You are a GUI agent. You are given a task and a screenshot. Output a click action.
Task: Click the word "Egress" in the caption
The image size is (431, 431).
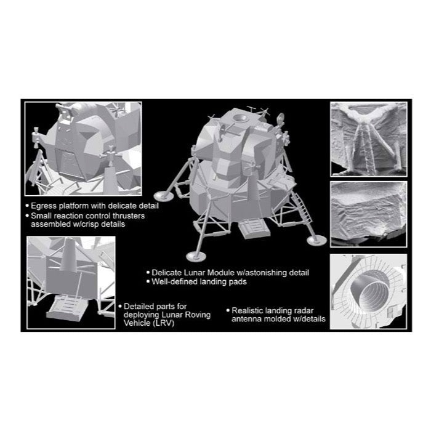pos(44,206)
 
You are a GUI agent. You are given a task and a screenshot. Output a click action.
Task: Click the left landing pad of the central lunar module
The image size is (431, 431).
pos(163,196)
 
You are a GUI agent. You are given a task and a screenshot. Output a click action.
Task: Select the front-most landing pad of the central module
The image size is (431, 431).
pos(195,257)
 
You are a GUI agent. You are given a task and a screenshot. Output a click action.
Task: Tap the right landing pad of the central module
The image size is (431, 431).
pos(316,241)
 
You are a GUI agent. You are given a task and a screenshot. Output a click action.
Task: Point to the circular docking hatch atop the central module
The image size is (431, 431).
pos(241,119)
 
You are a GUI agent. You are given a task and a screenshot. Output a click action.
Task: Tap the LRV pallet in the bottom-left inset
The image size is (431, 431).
pos(68,307)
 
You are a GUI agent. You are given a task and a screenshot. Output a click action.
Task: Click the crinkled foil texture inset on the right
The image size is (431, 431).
pos(368,214)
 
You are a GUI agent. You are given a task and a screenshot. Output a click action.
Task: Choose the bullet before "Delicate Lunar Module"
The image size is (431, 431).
pos(148,272)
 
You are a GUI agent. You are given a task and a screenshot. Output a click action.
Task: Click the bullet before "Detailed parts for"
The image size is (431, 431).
pos(120,306)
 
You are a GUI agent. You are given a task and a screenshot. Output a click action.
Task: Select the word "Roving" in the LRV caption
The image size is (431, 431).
pos(198,315)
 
